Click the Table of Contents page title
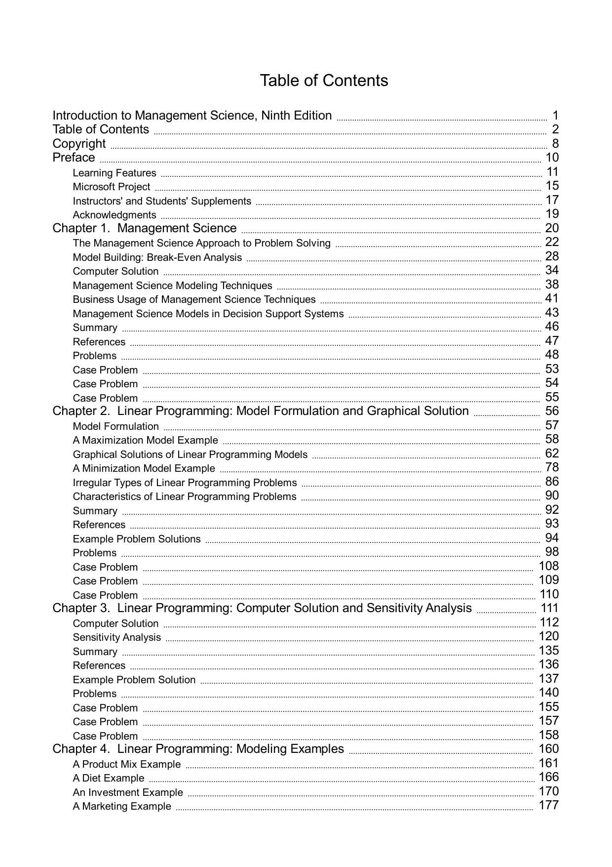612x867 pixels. (324, 81)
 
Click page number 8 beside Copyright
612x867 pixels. (555, 144)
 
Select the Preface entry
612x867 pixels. (74, 158)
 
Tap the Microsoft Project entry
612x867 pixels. (112, 187)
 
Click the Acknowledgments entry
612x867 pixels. (115, 215)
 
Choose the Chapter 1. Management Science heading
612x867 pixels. (145, 228)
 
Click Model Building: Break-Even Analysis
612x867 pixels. (157, 257)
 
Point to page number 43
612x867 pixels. (552, 313)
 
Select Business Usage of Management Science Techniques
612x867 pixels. (194, 299)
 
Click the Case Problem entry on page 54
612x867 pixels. (105, 384)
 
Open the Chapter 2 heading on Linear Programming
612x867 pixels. (261, 411)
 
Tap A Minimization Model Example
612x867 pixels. (144, 468)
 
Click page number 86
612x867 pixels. (552, 482)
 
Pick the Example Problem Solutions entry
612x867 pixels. (137, 539)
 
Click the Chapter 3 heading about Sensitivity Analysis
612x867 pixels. (262, 608)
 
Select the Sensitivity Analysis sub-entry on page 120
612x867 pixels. (117, 637)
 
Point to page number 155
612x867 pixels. (549, 707)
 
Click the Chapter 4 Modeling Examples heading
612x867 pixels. (198, 749)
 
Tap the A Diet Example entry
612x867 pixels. (109, 778)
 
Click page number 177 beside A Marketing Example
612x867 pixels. (549, 805)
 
